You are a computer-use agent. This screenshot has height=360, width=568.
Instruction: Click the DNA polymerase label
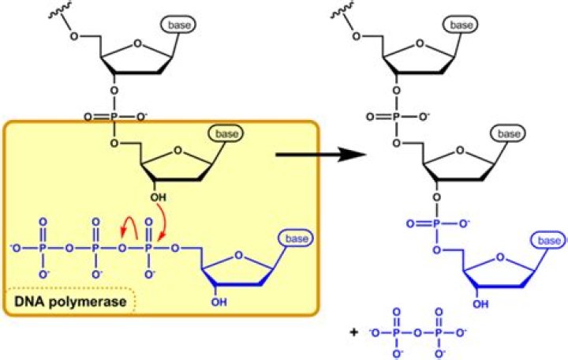pyautogui.click(x=70, y=302)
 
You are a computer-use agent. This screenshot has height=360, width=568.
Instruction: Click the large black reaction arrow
pyautogui.click(x=321, y=155)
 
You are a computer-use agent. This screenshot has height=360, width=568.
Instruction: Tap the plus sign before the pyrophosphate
pyautogui.click(x=354, y=332)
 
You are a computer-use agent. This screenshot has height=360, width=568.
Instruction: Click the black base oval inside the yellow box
pyautogui.click(x=226, y=133)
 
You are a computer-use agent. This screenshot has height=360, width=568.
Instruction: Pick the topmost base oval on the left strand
pyautogui.click(x=179, y=24)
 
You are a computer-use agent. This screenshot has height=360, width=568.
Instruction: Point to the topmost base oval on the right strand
pyautogui.click(x=461, y=24)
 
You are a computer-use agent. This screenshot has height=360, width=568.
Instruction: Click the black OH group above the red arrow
pyautogui.click(x=159, y=197)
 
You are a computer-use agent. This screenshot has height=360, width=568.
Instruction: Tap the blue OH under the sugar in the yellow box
pyautogui.click(x=219, y=302)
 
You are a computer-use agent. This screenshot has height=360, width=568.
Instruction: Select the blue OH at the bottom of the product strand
pyautogui.click(x=480, y=304)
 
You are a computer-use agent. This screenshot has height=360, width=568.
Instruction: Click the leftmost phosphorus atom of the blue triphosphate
pyautogui.click(x=43, y=249)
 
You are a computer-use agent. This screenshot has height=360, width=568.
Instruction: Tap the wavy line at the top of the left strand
pyautogui.click(x=60, y=9)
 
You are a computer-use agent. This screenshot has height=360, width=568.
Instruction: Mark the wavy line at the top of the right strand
pyautogui.click(x=342, y=9)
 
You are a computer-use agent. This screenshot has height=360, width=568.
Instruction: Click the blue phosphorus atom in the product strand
pyautogui.click(x=436, y=223)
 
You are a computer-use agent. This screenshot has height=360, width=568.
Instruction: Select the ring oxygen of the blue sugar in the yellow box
pyautogui.click(x=238, y=255)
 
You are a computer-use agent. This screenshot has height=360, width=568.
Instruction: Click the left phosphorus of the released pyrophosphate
pyautogui.click(x=396, y=332)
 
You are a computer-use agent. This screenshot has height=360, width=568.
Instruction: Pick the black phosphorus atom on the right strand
pyautogui.click(x=396, y=117)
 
